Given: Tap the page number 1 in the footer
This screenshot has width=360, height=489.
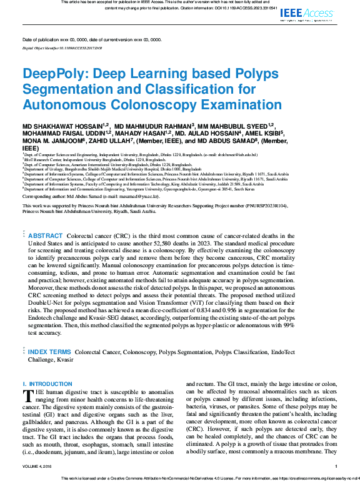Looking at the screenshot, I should coord(336,466).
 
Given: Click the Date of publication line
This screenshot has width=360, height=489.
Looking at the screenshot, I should coord(91,39).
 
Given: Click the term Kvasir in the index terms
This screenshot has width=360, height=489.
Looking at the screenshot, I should coord(66,360).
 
